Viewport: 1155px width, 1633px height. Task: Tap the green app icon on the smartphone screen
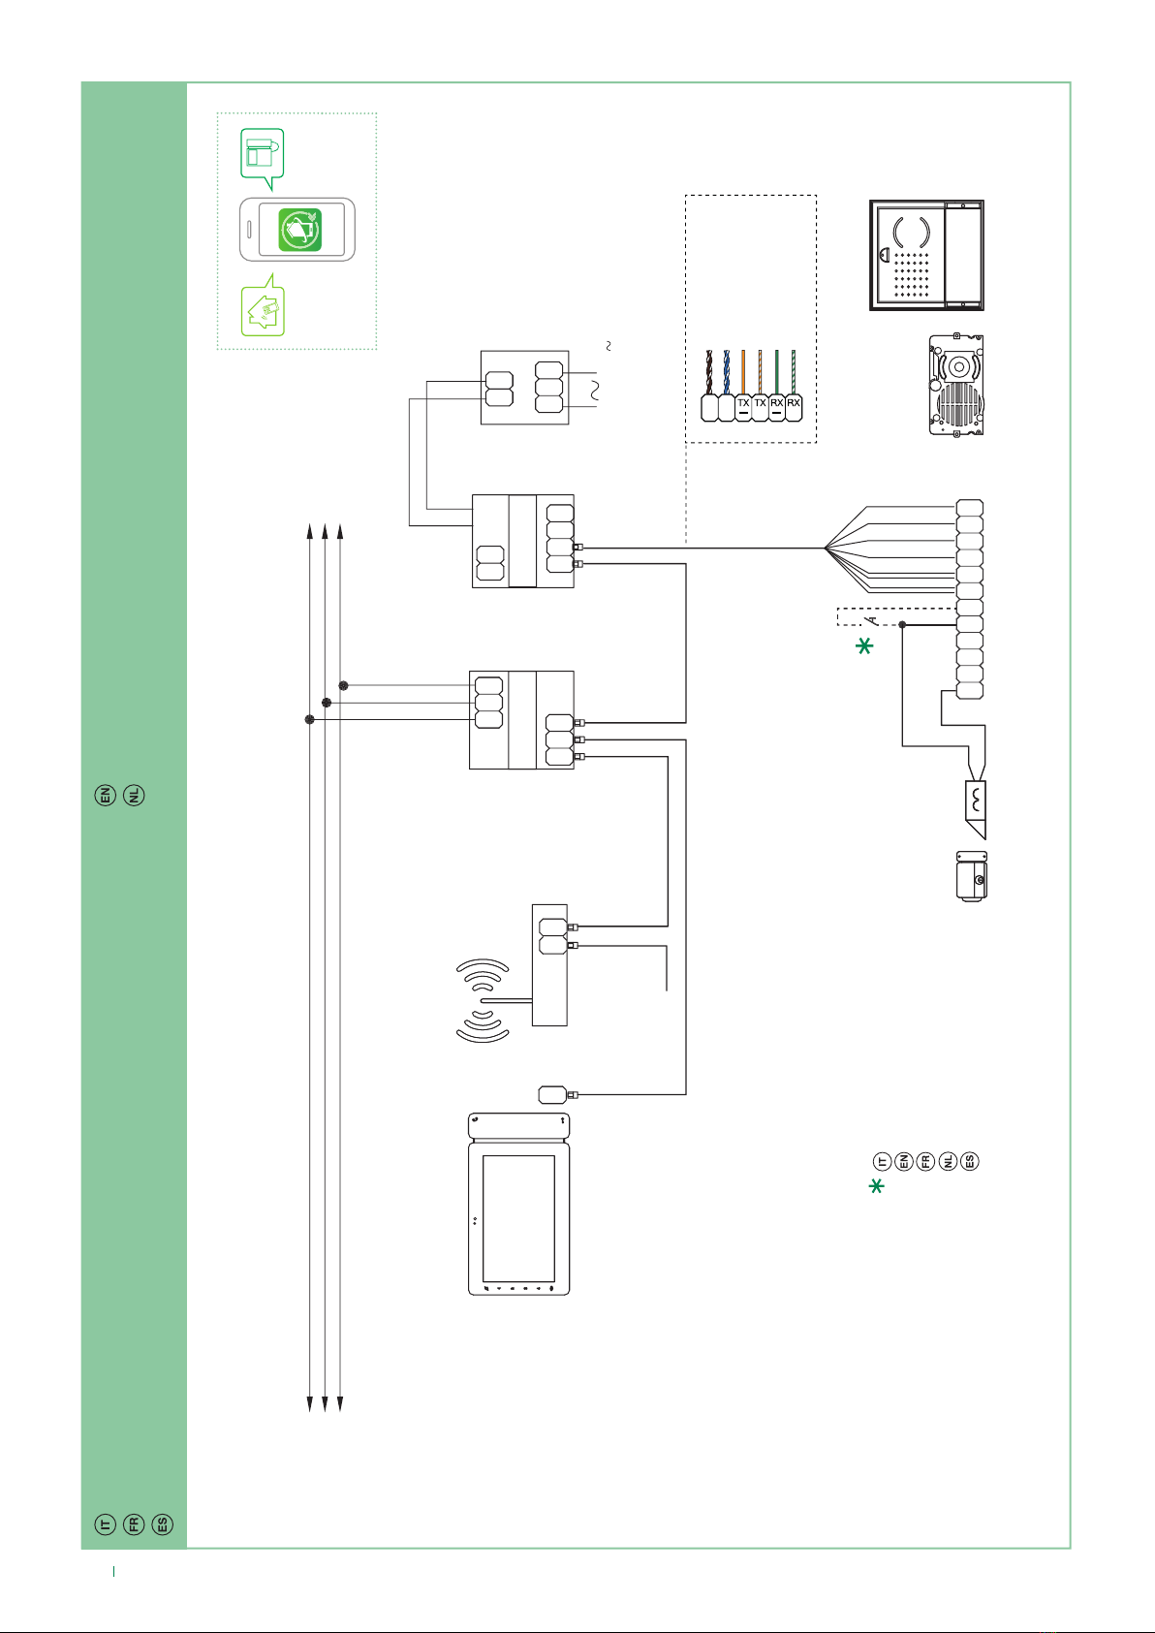[x=299, y=230]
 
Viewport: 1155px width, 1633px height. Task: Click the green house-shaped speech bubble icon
[x=263, y=305]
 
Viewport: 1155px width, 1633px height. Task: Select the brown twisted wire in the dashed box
[x=709, y=372]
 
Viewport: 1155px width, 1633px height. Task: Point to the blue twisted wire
[x=727, y=372]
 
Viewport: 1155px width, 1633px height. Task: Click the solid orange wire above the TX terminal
[x=743, y=372]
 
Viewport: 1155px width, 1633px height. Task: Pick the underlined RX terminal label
[x=777, y=404]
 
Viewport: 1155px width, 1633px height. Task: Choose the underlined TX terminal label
[x=743, y=404]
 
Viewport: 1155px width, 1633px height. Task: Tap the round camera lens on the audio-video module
[x=959, y=366]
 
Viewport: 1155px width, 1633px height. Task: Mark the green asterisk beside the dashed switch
[x=864, y=645]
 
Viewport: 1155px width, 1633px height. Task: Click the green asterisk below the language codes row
[x=877, y=1186]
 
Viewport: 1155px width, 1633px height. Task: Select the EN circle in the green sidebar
[x=106, y=795]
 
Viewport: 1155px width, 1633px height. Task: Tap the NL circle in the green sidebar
[x=134, y=795]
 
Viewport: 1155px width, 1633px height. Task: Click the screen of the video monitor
[x=518, y=1219]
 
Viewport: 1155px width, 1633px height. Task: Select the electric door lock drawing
[x=971, y=876]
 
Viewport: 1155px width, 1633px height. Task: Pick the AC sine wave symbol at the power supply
[x=595, y=390]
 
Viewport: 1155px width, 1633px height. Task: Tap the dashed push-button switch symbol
[x=870, y=619]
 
